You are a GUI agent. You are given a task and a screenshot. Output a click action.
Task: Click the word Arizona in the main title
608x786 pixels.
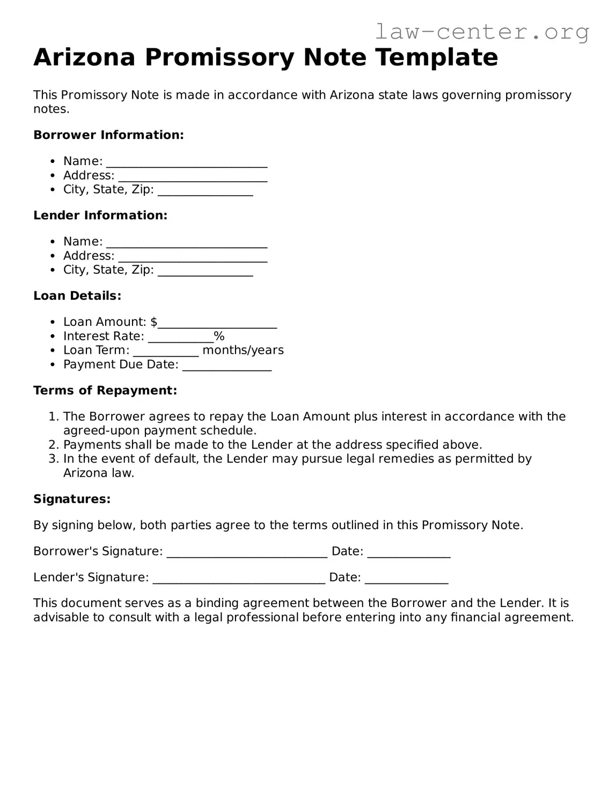84,57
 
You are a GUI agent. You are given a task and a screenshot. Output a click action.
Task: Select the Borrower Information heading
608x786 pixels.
108,135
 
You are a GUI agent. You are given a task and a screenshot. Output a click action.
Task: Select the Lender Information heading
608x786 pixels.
100,216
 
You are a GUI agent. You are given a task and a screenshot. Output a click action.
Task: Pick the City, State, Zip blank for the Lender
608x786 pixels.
205,271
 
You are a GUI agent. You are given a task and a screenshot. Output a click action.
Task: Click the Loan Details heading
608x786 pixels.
77,296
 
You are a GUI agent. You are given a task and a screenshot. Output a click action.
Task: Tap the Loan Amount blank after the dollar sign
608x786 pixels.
217,323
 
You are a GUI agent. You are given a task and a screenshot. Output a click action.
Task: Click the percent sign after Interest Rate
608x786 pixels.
219,336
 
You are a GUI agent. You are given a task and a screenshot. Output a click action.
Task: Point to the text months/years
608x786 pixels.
243,350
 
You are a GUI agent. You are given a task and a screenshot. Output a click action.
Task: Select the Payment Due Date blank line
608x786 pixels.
227,366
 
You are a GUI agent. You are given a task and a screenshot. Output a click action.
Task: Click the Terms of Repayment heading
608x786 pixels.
105,391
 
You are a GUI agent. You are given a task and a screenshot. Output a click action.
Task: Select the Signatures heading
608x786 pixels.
72,499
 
